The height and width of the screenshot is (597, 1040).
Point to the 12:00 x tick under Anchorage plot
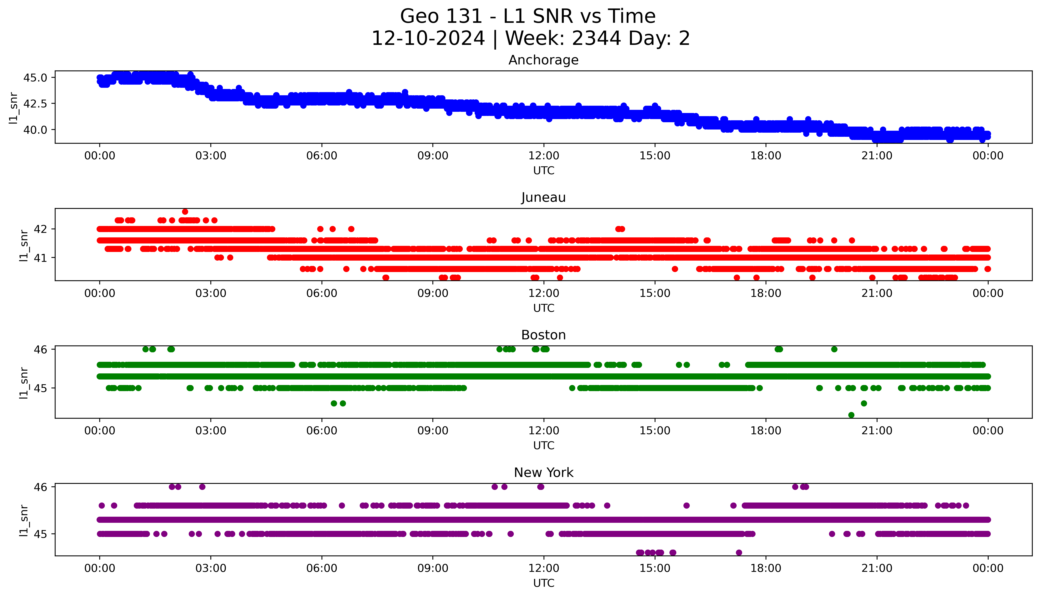click(x=544, y=156)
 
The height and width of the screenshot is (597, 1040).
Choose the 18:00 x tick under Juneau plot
click(x=766, y=293)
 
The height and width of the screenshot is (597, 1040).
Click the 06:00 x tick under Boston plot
click(x=322, y=430)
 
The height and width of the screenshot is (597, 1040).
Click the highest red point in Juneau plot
click(x=185, y=212)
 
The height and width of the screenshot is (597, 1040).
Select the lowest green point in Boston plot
click(x=851, y=415)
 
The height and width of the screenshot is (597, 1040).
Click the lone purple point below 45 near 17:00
click(x=739, y=552)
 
